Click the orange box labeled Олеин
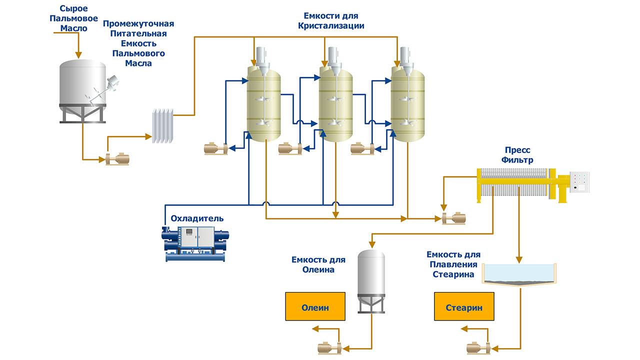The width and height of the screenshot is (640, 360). coord(315,306)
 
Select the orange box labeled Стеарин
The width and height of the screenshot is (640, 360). coord(464,306)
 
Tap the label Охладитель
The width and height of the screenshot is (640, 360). coord(197,218)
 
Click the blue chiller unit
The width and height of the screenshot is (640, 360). coord(195,243)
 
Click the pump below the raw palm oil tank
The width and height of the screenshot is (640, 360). coord(118,159)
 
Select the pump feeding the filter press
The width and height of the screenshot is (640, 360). coord(454,218)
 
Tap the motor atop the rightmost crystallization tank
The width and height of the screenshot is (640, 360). coord(404,54)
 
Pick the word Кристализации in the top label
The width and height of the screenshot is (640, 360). coord(331,25)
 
